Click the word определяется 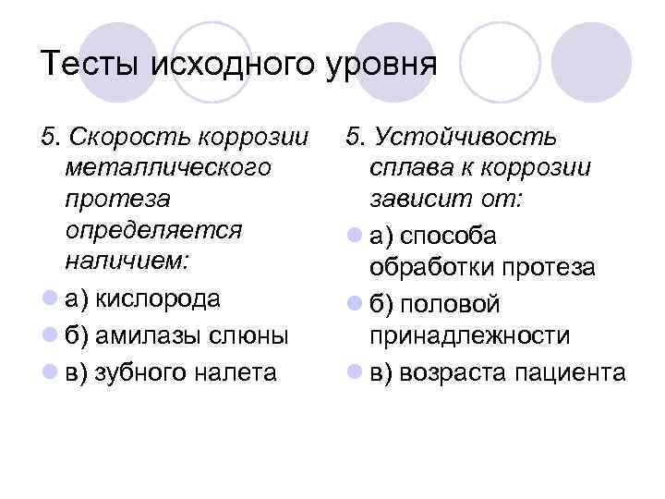tap(153, 229)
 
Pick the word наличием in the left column tap(127, 260)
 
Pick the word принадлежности tap(469, 335)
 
